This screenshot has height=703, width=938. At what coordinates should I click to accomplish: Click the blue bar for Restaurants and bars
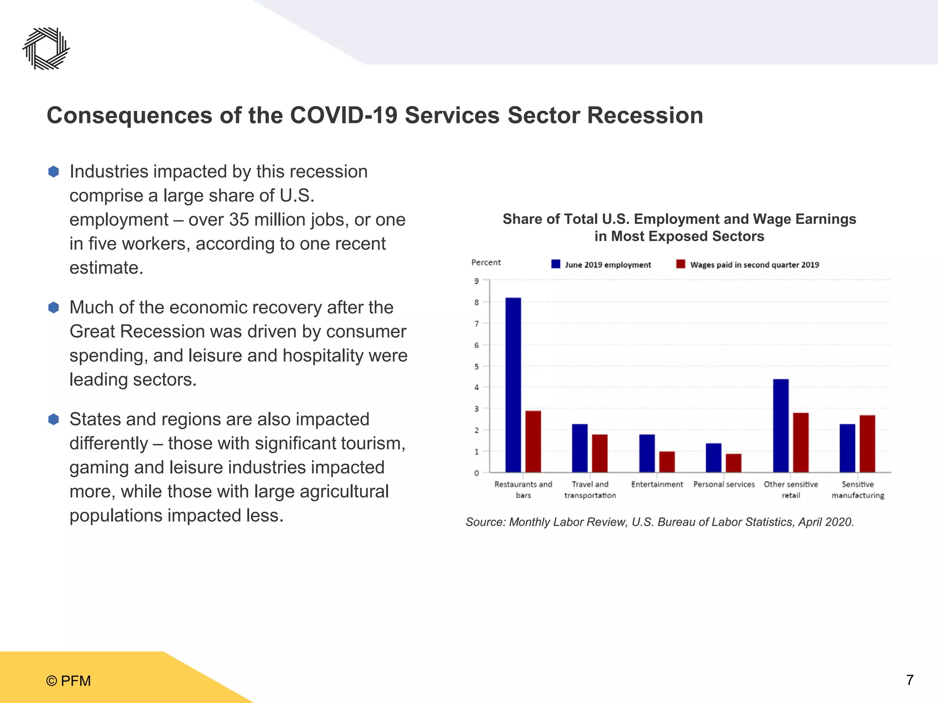(x=513, y=385)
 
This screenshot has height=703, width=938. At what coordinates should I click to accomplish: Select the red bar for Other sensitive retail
(x=801, y=442)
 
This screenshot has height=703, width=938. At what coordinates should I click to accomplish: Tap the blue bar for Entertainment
(x=647, y=453)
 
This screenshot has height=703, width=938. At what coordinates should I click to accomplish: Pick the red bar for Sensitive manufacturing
(x=867, y=443)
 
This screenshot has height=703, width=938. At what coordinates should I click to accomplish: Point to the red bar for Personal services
(x=733, y=463)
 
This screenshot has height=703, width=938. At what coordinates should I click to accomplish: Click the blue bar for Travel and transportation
(x=580, y=448)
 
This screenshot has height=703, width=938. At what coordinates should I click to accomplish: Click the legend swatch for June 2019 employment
(x=556, y=264)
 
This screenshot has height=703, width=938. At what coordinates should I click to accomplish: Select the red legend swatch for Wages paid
(x=681, y=264)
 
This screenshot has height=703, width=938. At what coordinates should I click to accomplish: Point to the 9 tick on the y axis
(x=476, y=281)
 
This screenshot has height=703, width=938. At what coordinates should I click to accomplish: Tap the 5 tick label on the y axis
(x=476, y=367)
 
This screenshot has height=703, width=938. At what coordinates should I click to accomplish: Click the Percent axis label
(x=486, y=262)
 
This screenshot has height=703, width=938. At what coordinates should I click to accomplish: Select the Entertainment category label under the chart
(x=657, y=484)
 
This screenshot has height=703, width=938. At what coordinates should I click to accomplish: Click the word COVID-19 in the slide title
(x=344, y=115)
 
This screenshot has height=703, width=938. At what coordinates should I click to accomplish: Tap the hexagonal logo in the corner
(x=46, y=49)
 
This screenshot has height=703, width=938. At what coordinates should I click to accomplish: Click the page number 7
(x=910, y=680)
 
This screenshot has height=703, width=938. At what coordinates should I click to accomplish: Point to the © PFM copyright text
(x=68, y=681)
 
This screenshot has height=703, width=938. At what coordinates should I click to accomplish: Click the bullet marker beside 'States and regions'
(x=54, y=419)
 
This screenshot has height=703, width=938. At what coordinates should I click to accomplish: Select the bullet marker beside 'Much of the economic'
(x=54, y=308)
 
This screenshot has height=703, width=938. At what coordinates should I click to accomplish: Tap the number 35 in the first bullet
(x=239, y=220)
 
